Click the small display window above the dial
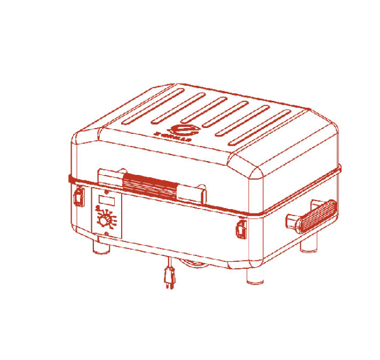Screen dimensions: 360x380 coord(105,202)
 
